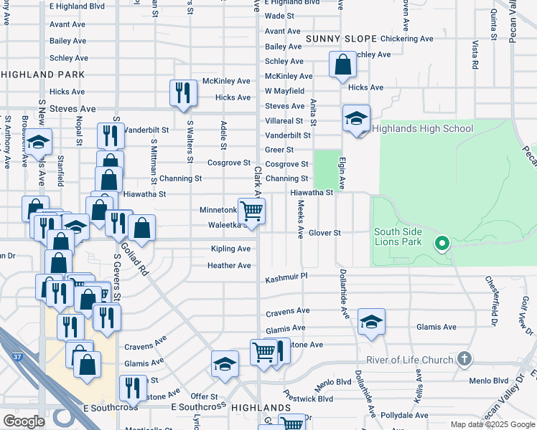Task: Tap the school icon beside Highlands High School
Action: click(356, 119)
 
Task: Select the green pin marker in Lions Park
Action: click(442, 244)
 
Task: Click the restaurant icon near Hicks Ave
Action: click(183, 92)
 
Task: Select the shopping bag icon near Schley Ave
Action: click(343, 64)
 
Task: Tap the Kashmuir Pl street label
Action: click(286, 277)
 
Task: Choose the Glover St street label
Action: click(324, 233)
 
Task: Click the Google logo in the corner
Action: click(24, 421)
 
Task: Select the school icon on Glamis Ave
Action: click(371, 322)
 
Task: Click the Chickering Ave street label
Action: click(408, 38)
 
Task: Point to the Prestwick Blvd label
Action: click(307, 398)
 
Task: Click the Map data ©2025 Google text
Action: click(492, 424)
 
